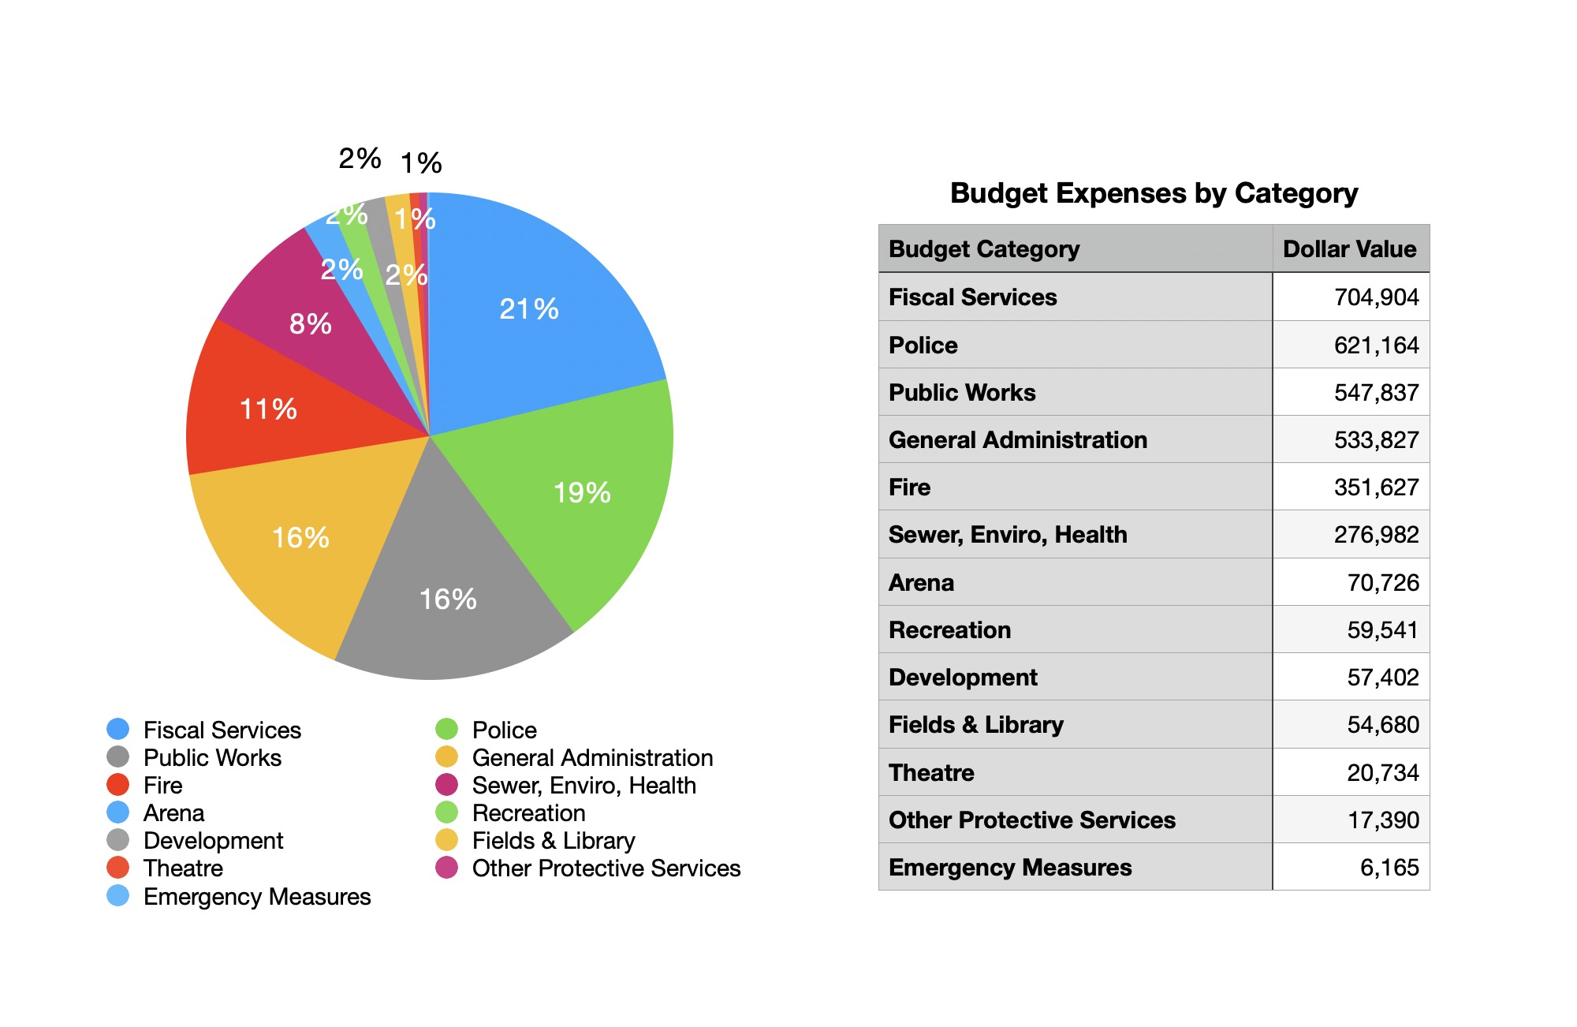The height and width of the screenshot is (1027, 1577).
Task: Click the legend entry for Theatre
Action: pyautogui.click(x=183, y=868)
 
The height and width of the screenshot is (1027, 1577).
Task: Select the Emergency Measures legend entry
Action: pyautogui.click(x=256, y=897)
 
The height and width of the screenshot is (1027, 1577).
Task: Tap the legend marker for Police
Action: pyautogui.click(x=447, y=730)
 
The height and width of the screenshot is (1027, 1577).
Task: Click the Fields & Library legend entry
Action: pyautogui.click(x=553, y=841)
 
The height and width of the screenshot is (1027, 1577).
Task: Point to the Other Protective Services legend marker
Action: pyautogui.click(x=447, y=868)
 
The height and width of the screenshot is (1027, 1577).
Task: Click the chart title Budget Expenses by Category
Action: pyautogui.click(x=1154, y=193)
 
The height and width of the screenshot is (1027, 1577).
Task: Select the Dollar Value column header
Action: pyautogui.click(x=1349, y=249)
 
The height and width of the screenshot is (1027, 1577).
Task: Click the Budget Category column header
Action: pyautogui.click(x=984, y=249)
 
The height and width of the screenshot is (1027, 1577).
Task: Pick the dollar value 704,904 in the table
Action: pyautogui.click(x=1376, y=297)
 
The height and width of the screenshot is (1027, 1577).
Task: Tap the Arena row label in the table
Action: pyautogui.click(x=921, y=583)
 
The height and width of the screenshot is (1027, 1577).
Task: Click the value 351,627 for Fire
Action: pyautogui.click(x=1376, y=487)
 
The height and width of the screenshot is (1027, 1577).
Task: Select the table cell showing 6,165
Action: pyautogui.click(x=1389, y=868)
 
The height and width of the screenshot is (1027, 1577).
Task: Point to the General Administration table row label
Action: pyautogui.click(x=1018, y=440)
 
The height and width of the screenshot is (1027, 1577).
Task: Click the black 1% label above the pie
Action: pyautogui.click(x=421, y=163)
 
